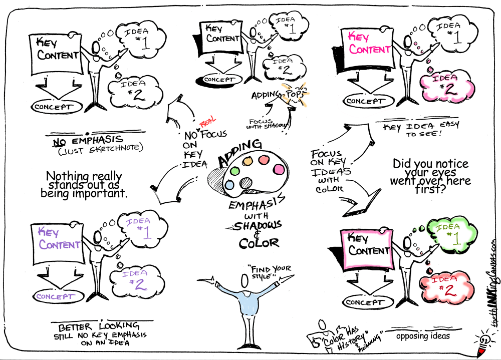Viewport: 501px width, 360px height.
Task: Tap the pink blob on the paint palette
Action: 278,170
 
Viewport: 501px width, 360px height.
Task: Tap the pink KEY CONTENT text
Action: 370,43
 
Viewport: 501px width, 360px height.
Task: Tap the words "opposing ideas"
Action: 422,336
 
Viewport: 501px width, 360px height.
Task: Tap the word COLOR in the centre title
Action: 259,243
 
